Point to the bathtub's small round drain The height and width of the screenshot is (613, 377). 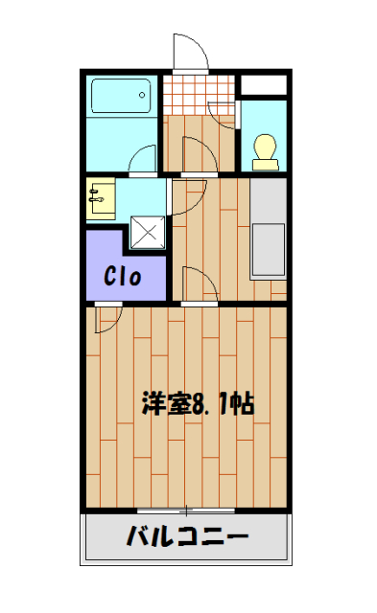142,94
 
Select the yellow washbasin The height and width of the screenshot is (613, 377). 100,199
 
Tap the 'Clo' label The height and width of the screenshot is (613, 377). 124,278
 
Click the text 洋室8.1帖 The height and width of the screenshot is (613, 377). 197,403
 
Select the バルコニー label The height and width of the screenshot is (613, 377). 187,536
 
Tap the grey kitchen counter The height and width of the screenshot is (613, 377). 268,230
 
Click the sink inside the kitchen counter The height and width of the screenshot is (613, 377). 268,251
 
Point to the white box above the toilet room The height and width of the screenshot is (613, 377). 262,83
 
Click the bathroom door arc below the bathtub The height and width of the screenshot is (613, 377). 144,159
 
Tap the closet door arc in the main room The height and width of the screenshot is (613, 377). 107,317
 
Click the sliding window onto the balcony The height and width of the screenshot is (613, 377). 186,509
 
